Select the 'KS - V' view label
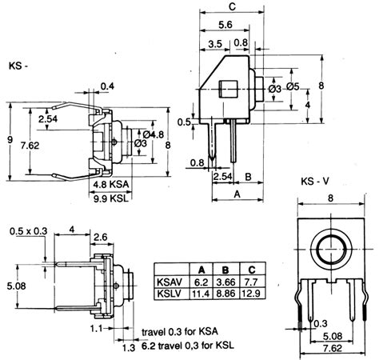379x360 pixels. (318, 181)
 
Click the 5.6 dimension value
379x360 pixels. (227, 25)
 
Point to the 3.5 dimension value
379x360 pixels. (214, 43)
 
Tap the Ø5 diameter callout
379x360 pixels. (291, 86)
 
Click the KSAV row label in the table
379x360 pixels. (170, 282)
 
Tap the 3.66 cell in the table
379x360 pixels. (227, 282)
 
